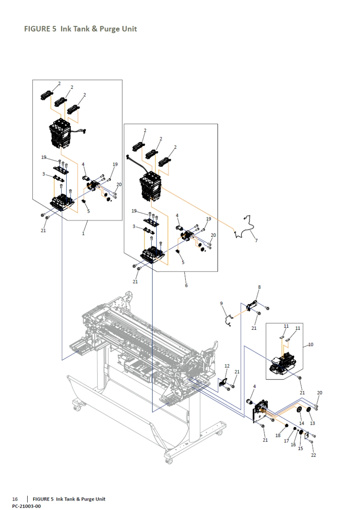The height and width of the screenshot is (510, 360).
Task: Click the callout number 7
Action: pos(256,241)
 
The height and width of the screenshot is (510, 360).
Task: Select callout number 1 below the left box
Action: pos(83,233)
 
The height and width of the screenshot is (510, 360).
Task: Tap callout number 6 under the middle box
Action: pos(186,285)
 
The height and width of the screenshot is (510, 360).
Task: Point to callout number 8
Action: pos(259,287)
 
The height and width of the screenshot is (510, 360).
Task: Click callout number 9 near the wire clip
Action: pos(221,303)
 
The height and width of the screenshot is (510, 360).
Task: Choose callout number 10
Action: pos(311,344)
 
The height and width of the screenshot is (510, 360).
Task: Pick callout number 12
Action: pos(227,366)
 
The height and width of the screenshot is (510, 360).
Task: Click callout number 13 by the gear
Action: pos(312,423)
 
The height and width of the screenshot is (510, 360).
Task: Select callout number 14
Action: pos(302,423)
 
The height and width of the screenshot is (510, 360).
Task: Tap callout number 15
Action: pos(300,448)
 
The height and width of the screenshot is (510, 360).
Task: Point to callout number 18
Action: pos(278,436)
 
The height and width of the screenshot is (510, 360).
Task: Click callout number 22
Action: pos(314,455)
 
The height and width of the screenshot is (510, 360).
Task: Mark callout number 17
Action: pos(286,441)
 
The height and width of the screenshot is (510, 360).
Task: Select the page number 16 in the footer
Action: pos(15,499)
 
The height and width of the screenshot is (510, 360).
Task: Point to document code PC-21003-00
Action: pos(26,506)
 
